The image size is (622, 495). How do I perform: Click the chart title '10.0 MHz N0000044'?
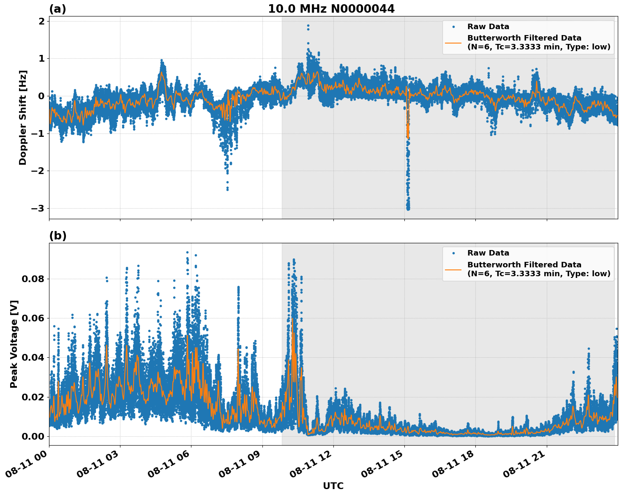(331, 9)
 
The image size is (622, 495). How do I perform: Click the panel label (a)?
(57, 9)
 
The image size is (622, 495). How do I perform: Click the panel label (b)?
(57, 236)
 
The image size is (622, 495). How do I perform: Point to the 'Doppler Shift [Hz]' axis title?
(23, 117)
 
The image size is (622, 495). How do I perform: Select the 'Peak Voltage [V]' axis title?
(14, 344)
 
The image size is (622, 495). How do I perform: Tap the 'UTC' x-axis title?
(333, 486)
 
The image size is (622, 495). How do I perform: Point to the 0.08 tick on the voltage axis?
(33, 279)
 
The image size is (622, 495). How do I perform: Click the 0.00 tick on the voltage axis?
(33, 436)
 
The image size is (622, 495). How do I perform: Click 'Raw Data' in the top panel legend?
(488, 27)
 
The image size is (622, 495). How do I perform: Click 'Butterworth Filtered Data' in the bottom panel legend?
(524, 265)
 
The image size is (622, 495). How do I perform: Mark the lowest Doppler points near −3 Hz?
(408, 208)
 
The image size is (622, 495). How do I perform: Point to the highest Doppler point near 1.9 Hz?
(308, 26)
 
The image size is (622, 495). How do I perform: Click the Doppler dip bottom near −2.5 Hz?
(227, 189)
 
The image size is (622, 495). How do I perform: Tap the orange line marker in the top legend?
(453, 42)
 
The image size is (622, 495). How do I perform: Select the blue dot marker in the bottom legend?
(453, 253)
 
